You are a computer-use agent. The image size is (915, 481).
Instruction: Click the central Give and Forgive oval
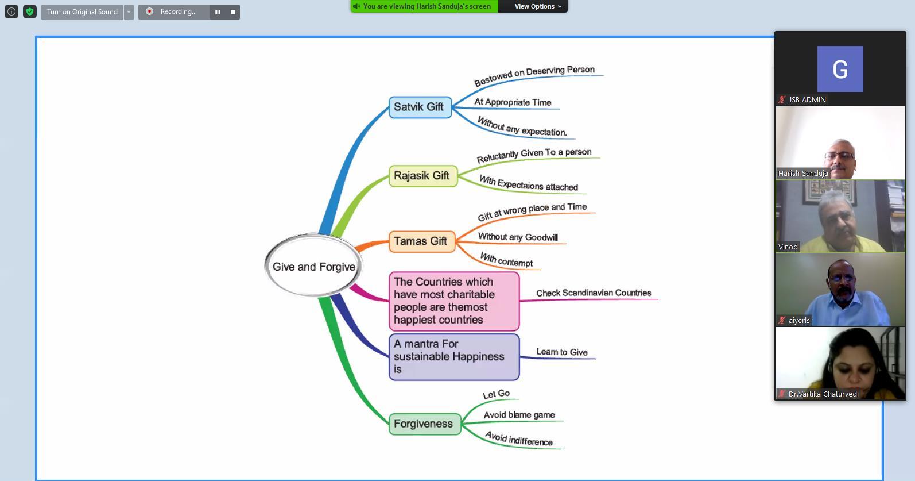coord(313,267)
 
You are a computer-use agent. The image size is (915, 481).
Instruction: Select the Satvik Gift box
coord(420,107)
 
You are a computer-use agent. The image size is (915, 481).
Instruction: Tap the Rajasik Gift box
coord(422,176)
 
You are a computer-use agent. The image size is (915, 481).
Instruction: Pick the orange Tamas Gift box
coord(421,241)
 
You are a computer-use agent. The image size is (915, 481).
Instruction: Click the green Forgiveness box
coord(424,424)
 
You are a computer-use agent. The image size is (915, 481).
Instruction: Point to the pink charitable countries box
coord(453,301)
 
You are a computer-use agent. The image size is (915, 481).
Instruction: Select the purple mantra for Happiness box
coord(453,357)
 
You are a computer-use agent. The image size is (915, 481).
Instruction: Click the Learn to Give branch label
coord(561,352)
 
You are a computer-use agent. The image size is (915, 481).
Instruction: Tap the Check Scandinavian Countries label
coord(594,293)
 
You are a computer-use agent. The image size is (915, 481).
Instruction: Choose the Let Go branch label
coord(497,394)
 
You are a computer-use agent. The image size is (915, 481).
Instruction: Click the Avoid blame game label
coord(519,415)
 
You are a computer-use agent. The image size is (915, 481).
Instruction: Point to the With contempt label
coord(506,260)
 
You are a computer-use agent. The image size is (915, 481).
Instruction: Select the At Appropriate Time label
coord(513,102)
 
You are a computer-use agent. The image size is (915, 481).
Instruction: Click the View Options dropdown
coord(538,6)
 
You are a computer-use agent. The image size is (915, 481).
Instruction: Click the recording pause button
coord(218,11)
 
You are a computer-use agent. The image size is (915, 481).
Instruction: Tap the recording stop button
coord(232,11)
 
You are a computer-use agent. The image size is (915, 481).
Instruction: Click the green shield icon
coord(30,11)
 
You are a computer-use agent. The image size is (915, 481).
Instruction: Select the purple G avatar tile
coord(840,69)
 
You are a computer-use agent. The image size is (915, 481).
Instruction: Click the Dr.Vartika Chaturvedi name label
coord(823,394)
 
